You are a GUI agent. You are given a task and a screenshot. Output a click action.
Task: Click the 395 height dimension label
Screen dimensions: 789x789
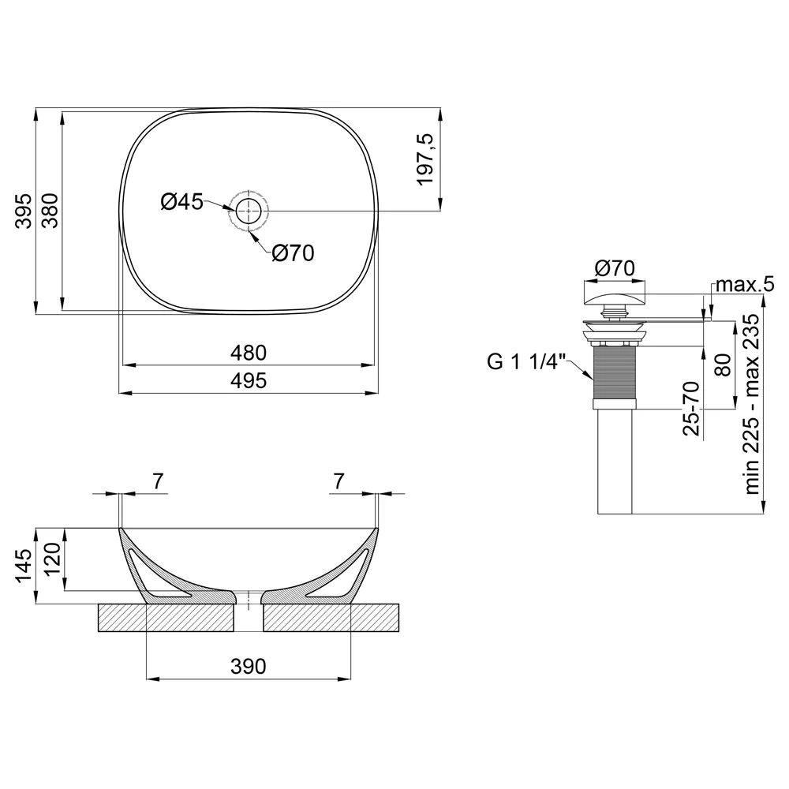[24, 211]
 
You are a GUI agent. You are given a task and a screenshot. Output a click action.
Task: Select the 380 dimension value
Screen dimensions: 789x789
[50, 211]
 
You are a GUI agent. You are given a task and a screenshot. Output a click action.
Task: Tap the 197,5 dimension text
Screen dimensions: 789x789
[425, 159]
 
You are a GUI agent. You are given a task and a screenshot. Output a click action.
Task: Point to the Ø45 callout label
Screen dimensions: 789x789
[181, 202]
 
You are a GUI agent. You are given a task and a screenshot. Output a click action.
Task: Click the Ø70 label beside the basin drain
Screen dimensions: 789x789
[293, 253]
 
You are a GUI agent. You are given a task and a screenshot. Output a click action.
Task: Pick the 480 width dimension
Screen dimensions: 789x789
[249, 353]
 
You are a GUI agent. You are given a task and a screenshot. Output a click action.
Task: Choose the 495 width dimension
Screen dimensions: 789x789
[249, 381]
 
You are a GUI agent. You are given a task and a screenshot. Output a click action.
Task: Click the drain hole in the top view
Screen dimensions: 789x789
[249, 211]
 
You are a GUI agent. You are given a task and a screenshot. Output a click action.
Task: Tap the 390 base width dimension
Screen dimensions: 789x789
[249, 666]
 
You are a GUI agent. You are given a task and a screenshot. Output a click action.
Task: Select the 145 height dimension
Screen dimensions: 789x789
[24, 566]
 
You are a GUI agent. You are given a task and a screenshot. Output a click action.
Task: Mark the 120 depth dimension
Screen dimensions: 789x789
[54, 559]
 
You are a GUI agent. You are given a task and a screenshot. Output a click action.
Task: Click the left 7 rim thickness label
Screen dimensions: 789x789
[158, 481]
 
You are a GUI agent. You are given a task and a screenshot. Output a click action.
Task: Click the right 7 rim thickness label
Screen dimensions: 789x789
[338, 481]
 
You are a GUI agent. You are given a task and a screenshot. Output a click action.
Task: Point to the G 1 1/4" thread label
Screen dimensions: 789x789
[526, 361]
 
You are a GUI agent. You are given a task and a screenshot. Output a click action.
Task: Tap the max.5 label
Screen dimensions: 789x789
[745, 284]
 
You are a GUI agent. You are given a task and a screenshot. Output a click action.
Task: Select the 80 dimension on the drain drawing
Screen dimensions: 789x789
[723, 365]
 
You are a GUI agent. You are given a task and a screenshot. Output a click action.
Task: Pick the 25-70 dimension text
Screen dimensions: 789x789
[691, 408]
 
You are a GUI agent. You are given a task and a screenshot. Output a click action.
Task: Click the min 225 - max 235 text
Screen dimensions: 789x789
[751, 404]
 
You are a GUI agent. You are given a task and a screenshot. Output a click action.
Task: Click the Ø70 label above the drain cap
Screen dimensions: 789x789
[615, 268]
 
